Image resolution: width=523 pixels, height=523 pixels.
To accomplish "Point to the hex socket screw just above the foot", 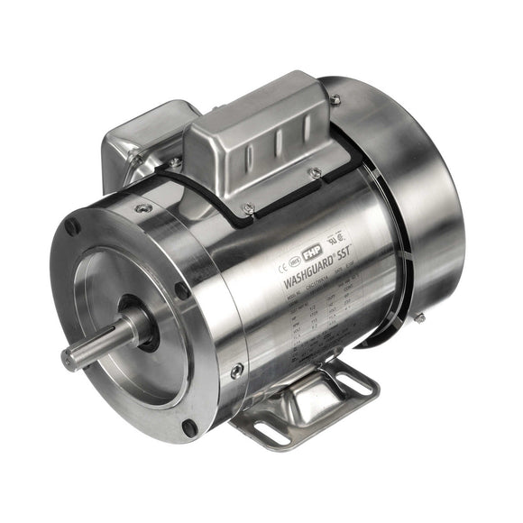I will tap(236, 370).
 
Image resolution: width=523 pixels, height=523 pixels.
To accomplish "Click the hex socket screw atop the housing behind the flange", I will tap(142, 208).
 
